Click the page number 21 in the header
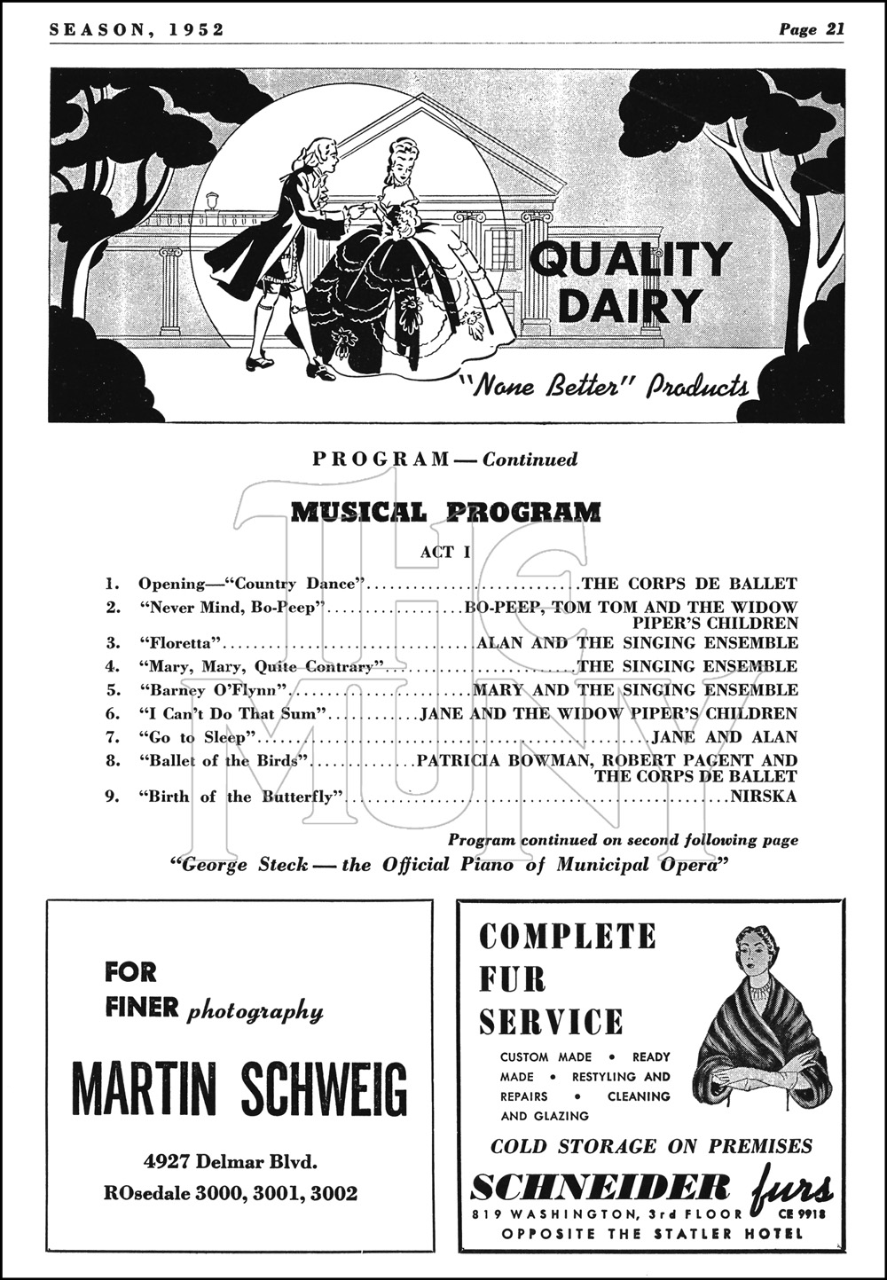(834, 29)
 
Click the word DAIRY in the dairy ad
(629, 305)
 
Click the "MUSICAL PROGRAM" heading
(446, 512)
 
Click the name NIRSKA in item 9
(764, 796)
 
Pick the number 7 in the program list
(112, 737)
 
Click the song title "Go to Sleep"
(197, 737)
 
